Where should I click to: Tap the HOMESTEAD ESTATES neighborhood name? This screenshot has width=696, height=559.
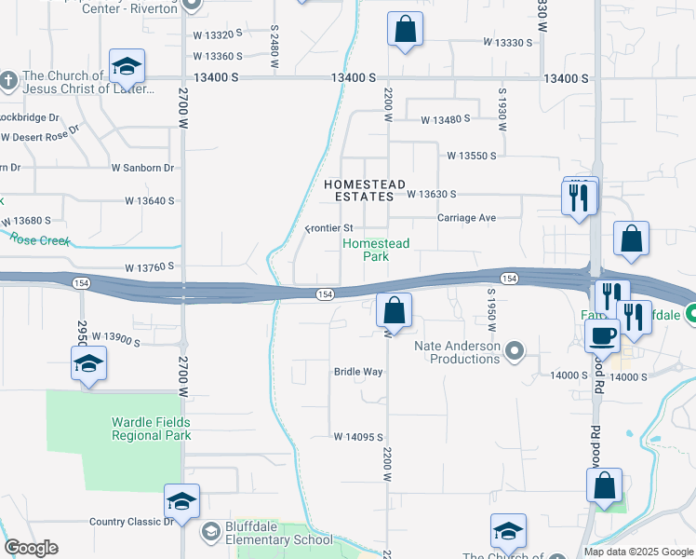click(366, 191)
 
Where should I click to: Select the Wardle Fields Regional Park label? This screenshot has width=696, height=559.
click(152, 429)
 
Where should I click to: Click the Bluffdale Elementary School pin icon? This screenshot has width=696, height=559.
click(211, 531)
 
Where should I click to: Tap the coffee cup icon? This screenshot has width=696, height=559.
click(602, 335)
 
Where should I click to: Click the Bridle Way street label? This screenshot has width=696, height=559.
click(358, 372)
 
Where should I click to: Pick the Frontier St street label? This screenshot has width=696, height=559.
click(329, 228)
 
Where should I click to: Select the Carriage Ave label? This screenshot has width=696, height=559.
click(467, 217)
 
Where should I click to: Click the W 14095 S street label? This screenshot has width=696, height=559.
click(359, 437)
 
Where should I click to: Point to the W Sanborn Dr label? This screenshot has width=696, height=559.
click(142, 168)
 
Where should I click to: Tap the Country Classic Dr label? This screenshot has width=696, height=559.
click(132, 522)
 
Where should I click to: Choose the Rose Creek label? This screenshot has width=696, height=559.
click(41, 239)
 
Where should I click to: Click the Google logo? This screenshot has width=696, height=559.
click(31, 548)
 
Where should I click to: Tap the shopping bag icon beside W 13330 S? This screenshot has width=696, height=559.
click(405, 30)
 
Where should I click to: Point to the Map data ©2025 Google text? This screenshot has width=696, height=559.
click(638, 552)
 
